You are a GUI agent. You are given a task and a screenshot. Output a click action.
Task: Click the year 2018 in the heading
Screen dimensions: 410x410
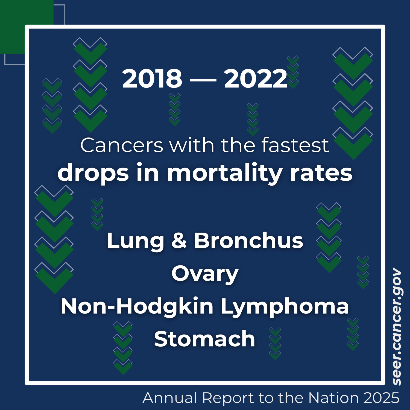tap(152, 79)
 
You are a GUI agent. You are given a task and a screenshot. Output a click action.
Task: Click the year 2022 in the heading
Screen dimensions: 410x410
tap(256, 79)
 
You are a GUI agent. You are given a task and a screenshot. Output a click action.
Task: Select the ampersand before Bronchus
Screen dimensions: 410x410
tap(179, 241)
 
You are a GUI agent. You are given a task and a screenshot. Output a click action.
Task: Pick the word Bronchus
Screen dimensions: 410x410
tap(248, 241)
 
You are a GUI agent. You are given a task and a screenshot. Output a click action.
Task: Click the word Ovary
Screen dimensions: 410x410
tap(205, 274)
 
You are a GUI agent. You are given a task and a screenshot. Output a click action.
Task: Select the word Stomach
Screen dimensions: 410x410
tap(204, 339)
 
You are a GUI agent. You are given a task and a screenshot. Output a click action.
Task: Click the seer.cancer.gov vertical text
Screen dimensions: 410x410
tap(397, 327)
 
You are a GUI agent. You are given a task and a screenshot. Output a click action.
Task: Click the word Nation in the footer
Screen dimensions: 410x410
tap(333, 398)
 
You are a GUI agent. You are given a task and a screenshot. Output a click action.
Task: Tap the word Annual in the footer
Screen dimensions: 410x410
tap(170, 398)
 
